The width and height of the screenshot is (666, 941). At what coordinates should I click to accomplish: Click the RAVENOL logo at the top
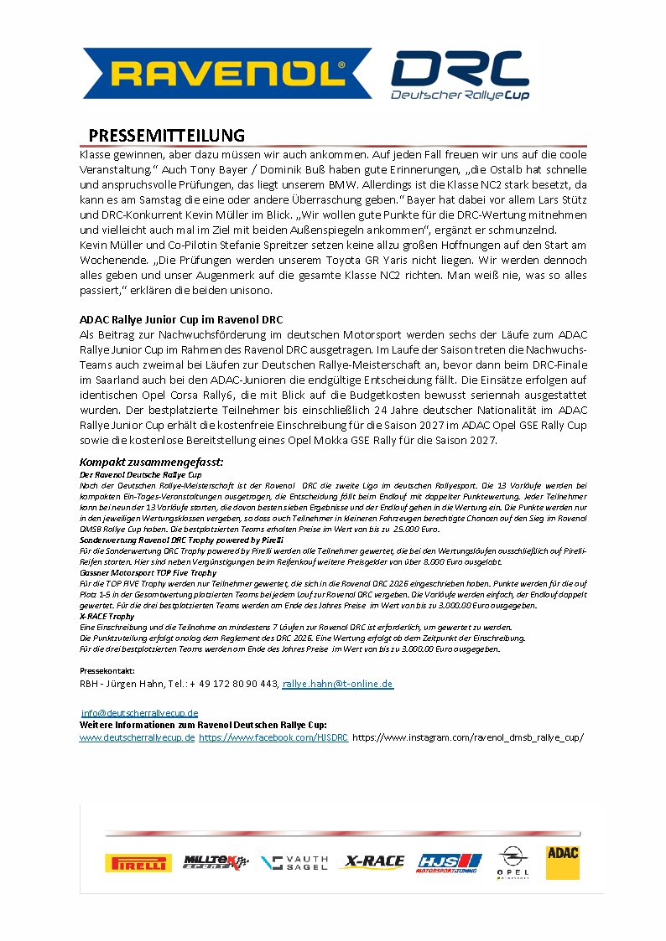point(227,74)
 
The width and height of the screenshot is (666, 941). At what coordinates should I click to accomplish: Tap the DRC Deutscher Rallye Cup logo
point(459,76)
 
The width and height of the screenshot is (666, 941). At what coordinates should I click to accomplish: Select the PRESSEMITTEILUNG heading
point(167,136)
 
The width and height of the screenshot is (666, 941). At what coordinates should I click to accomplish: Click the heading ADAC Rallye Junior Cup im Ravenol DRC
point(180,319)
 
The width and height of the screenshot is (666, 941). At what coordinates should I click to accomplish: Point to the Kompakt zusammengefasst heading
point(151,462)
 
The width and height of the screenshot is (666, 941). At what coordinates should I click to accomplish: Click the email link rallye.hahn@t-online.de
point(337,684)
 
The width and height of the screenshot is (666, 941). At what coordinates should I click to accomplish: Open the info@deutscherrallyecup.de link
point(139,712)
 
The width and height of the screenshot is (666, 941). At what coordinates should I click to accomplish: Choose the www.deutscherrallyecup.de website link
point(138,737)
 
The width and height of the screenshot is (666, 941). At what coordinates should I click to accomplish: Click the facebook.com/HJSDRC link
point(273,737)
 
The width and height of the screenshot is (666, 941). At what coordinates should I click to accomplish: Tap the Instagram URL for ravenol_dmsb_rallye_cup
point(468,737)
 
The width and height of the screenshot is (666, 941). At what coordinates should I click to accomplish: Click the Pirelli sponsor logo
point(138,862)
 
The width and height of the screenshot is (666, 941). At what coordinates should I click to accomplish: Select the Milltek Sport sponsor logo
point(216,862)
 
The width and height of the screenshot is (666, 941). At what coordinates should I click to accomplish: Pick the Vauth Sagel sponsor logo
point(294,862)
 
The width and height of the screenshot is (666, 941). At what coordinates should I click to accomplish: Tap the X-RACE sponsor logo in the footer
point(372,861)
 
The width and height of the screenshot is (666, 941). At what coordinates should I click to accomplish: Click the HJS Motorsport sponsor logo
point(449,862)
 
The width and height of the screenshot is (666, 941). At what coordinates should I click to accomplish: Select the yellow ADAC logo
point(562,861)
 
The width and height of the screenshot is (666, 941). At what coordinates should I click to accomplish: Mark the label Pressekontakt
point(107,671)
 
